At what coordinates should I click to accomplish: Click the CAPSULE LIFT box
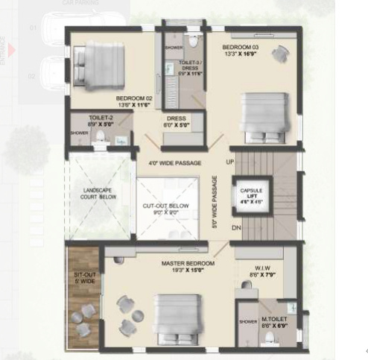click(250, 197)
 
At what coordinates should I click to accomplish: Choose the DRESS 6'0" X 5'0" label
click(177, 121)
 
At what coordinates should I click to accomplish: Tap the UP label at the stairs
click(230, 162)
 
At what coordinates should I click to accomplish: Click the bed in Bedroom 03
click(261, 115)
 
